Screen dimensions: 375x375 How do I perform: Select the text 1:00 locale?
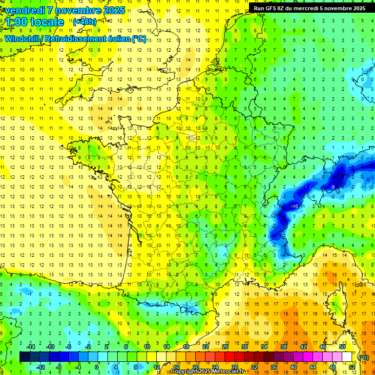pyautogui.click(x=35, y=22)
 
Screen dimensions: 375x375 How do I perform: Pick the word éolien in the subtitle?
pyautogui.click(x=114, y=39)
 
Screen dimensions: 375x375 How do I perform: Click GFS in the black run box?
pyautogui.click(x=271, y=8)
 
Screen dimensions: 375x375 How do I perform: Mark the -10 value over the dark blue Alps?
pyautogui.click(x=294, y=207)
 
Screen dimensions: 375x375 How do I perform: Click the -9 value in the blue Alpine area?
pyautogui.click(x=333, y=187)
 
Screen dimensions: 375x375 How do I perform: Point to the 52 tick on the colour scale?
pyautogui.click(x=352, y=367)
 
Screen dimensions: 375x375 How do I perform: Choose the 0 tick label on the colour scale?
pyautogui.click(x=97, y=367)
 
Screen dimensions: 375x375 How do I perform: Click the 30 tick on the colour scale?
pyautogui.click(x=244, y=347)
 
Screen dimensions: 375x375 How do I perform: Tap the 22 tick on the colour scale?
pyautogui.click(x=205, y=347)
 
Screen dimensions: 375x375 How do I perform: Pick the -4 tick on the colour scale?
pyautogui.click(x=78, y=367)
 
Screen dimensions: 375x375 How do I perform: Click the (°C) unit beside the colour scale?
pyautogui.click(x=363, y=357)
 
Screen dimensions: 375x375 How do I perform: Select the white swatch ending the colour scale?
pyautogui.click(x=347, y=357)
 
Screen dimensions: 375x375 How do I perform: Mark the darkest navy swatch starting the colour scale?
pyautogui.click(x=24, y=357)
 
